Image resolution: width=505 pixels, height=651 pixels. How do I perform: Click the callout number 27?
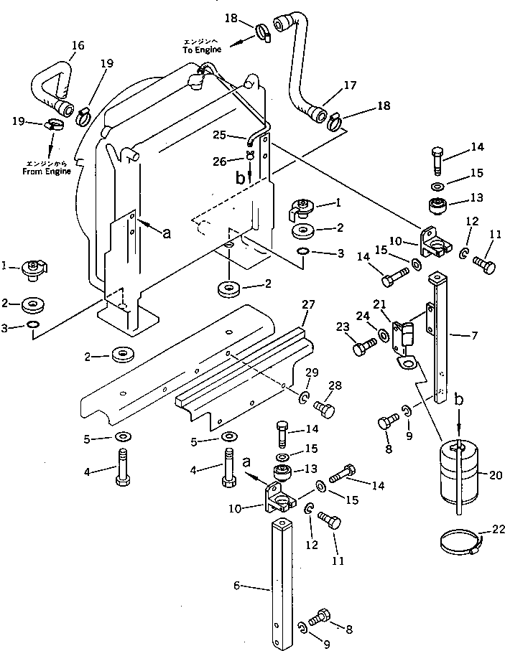pyautogui.click(x=307, y=305)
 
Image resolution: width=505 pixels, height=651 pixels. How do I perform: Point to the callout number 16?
pyautogui.click(x=78, y=46)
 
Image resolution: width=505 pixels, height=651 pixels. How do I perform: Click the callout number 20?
pyautogui.click(x=496, y=474)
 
